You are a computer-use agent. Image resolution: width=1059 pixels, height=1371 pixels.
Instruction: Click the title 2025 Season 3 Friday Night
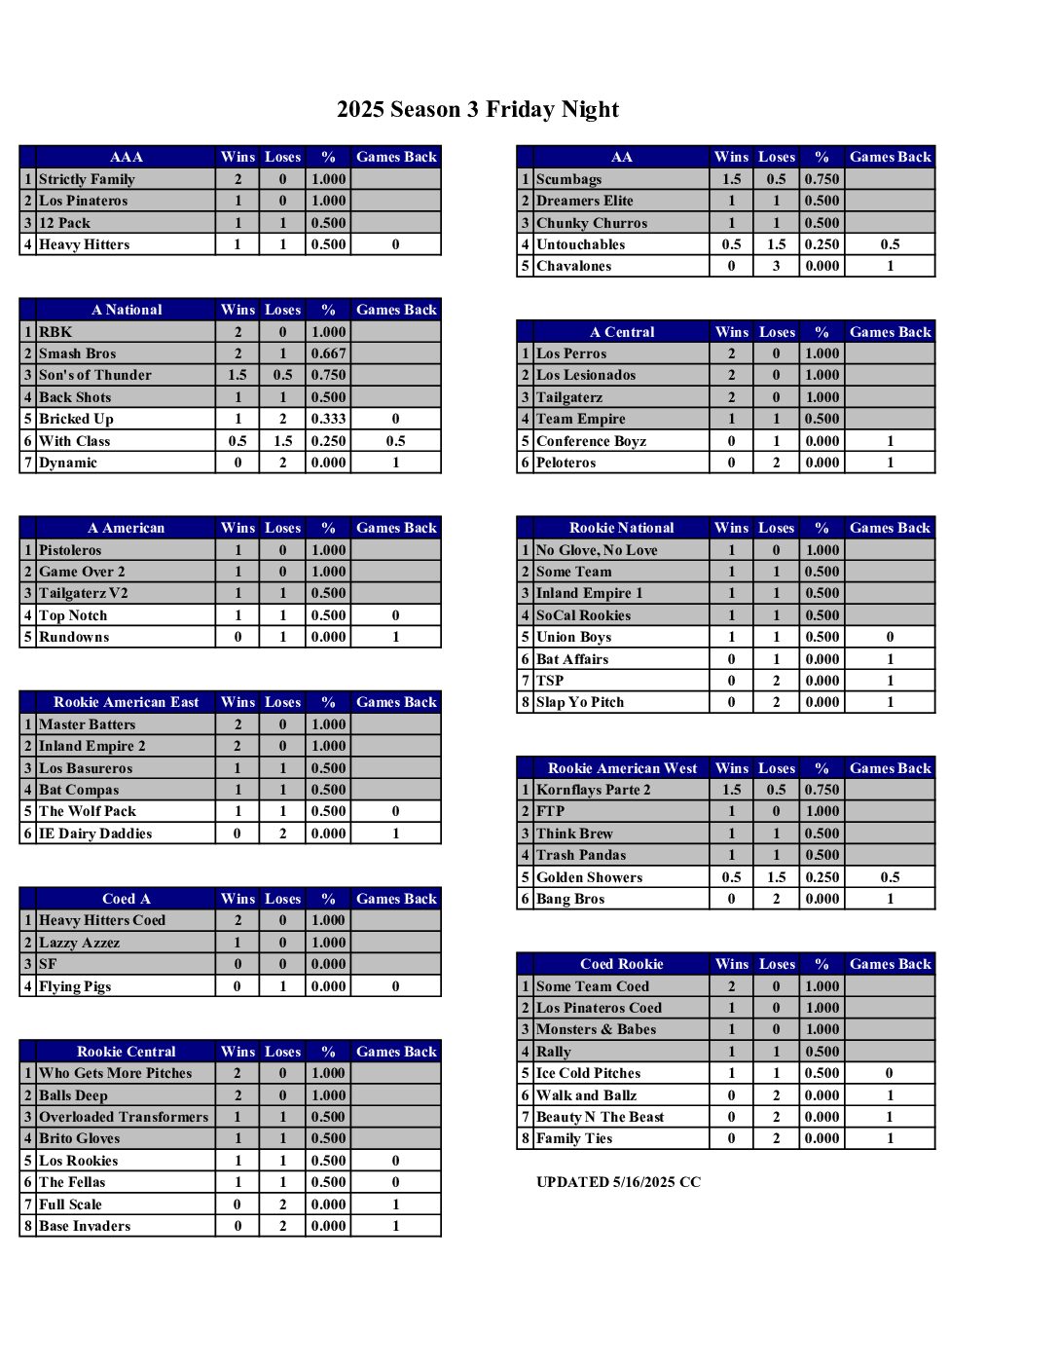coord(478,109)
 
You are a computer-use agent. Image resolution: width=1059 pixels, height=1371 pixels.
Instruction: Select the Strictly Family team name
coord(87,179)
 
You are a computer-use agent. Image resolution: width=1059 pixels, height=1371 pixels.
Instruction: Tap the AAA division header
coord(126,157)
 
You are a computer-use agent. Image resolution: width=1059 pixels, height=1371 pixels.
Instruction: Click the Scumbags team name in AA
coord(568,179)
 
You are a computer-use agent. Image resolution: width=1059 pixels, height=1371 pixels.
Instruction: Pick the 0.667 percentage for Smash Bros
coord(328,353)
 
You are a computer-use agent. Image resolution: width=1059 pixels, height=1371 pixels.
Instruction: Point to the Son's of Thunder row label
coord(94,375)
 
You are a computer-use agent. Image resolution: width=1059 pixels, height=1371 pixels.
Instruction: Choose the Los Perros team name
coord(571,353)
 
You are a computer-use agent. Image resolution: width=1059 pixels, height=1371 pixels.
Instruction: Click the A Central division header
coord(621,332)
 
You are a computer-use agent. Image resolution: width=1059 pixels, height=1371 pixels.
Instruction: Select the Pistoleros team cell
coord(70,550)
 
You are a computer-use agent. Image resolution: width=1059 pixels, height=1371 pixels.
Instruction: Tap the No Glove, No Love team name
coord(597,550)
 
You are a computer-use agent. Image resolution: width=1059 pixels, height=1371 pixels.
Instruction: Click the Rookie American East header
coord(126,702)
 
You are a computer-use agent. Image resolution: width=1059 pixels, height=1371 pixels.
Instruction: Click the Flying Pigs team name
coord(75,986)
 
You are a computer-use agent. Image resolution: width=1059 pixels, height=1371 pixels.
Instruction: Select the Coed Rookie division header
coord(621,964)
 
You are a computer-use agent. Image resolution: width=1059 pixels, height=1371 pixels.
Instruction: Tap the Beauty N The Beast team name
coord(600,1117)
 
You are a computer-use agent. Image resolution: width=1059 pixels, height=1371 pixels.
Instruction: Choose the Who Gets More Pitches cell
coord(115,1073)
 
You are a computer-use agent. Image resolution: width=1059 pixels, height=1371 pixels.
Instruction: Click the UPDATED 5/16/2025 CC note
coord(618,1182)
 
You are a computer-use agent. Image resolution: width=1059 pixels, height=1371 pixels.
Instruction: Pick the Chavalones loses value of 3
coord(776,266)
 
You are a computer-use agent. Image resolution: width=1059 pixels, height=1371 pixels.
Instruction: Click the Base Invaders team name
coord(85,1226)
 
